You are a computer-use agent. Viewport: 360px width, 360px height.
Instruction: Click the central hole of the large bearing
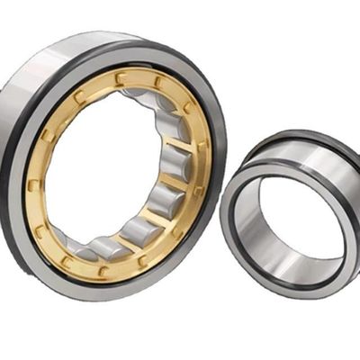pos(103,171)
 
